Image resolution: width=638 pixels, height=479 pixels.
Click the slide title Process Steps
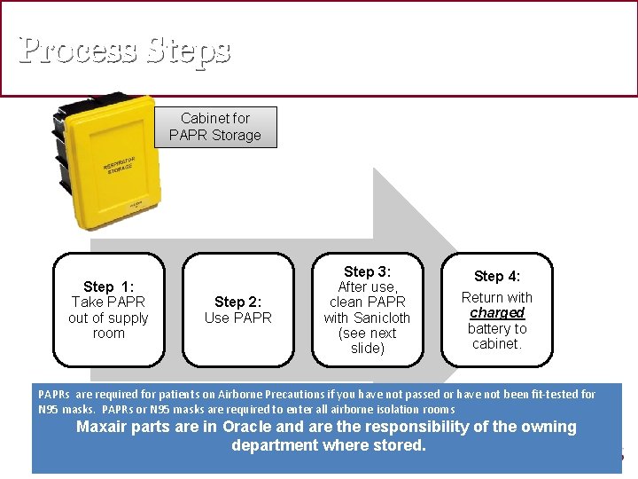point(125,50)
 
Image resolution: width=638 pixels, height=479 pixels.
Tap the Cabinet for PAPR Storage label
point(215,127)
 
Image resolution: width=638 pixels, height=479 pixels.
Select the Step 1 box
point(109,310)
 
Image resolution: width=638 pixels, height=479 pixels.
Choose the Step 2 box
point(238,310)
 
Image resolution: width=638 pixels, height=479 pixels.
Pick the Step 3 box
point(367,310)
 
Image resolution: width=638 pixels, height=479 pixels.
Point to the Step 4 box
point(496,310)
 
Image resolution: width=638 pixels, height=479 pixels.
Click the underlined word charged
point(497,313)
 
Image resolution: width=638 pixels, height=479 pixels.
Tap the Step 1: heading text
point(109,287)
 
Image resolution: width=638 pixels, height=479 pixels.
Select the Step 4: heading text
point(497,277)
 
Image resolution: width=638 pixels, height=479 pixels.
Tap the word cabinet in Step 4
point(495,344)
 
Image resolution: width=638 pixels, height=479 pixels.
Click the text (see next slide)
point(367,341)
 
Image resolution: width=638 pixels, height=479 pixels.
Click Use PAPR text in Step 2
point(238,318)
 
